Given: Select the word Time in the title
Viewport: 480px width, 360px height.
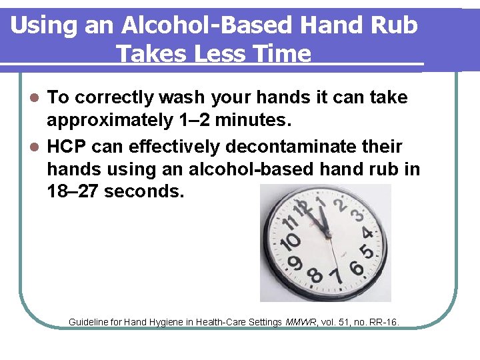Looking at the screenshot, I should [281, 53].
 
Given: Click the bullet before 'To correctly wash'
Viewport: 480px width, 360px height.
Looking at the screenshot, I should [37, 98].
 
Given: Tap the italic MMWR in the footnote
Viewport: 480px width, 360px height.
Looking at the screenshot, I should [301, 322].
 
